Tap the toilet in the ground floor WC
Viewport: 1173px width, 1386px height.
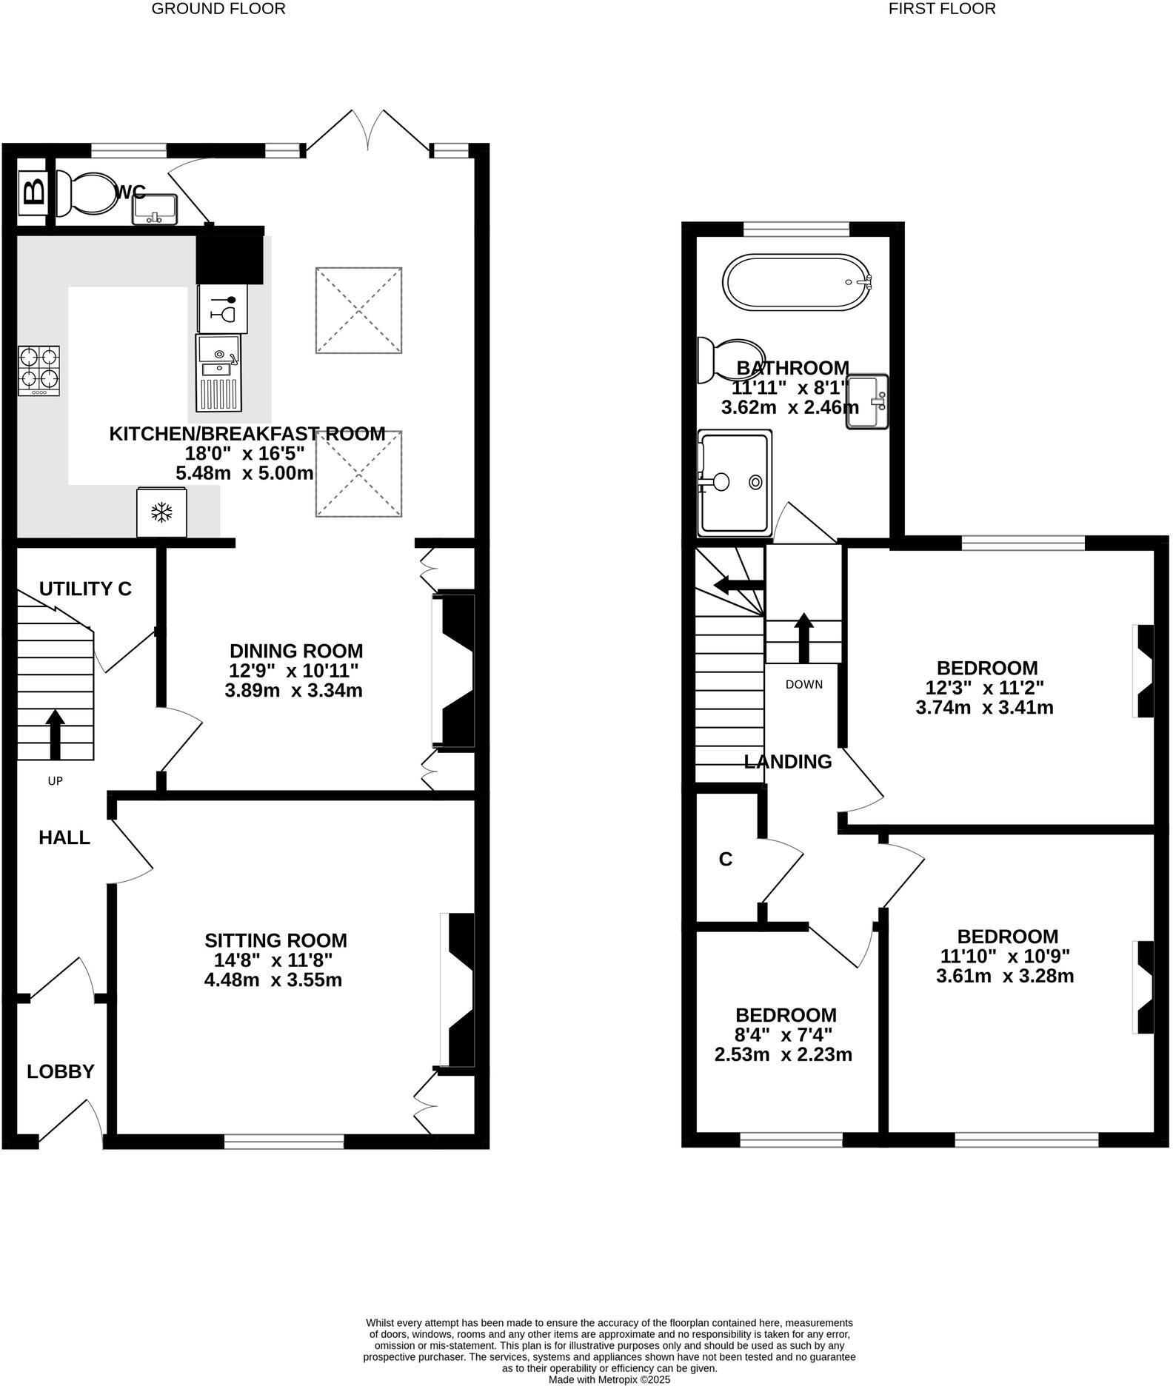(x=84, y=195)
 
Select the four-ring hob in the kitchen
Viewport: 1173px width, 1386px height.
(x=39, y=371)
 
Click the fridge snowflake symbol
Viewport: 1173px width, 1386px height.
(x=161, y=512)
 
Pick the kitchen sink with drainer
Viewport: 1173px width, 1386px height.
(x=218, y=373)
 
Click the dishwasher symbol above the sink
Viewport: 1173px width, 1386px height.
(x=223, y=309)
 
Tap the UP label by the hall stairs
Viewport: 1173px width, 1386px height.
(x=55, y=780)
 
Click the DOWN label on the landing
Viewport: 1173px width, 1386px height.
(x=804, y=684)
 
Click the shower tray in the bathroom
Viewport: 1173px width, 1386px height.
(x=735, y=483)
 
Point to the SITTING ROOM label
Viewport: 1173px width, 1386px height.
(x=275, y=940)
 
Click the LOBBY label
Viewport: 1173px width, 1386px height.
(x=61, y=1071)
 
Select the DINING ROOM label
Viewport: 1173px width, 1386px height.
(x=296, y=651)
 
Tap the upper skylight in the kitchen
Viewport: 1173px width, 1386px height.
(x=359, y=310)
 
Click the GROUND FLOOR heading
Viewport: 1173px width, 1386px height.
(x=218, y=9)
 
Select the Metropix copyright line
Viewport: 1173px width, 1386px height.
(x=609, y=1379)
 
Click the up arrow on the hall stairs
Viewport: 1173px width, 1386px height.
(x=55, y=734)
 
